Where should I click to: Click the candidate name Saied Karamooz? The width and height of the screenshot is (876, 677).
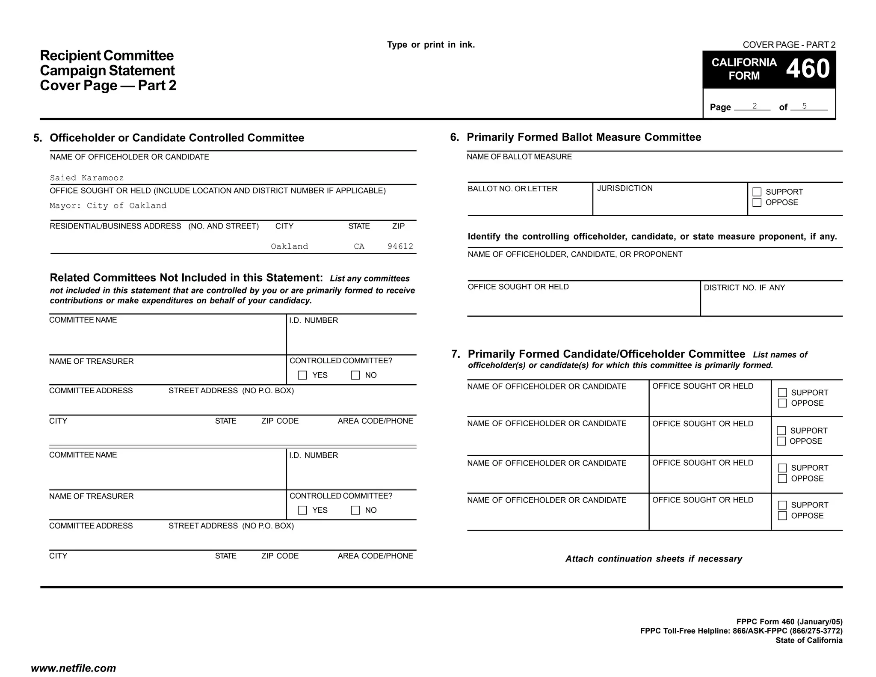pos(87,178)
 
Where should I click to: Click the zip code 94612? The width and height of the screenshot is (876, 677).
pos(400,246)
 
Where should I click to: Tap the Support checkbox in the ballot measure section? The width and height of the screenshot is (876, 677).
pos(757,192)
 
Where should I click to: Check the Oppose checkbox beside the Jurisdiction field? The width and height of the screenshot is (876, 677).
pos(757,202)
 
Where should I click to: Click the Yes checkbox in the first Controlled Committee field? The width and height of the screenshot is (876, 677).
pos(302,375)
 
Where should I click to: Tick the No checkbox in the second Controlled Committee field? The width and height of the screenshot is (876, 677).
pos(355,510)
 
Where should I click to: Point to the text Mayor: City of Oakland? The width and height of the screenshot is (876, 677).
pos(108,206)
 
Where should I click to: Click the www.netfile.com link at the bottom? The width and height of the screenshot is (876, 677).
pos(74,668)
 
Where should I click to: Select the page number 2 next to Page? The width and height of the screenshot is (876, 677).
pos(755,106)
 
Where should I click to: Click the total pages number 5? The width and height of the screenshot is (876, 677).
pos(804,106)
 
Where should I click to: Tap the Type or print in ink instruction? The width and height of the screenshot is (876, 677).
pos(431,45)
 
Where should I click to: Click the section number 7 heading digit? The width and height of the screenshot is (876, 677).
pos(456,354)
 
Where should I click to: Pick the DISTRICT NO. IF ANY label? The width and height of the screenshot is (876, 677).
pos(744,288)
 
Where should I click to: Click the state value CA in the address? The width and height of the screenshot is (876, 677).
pos(359,246)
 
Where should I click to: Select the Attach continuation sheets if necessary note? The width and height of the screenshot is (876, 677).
pos(654,559)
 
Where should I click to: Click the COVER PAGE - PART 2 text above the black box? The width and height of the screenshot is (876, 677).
pos(789,45)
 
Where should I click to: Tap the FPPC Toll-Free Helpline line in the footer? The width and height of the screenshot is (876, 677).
pos(741,631)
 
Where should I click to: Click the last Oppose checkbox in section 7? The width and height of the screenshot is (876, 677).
pos(782,516)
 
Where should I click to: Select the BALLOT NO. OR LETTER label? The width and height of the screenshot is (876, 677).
pos(512,189)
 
